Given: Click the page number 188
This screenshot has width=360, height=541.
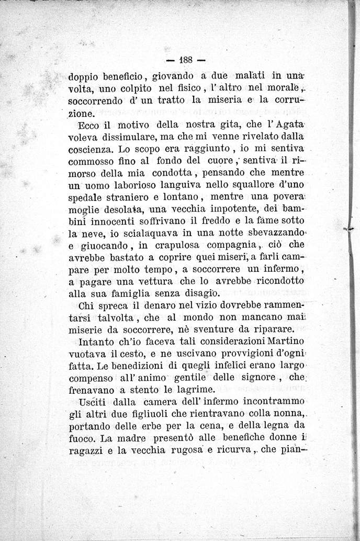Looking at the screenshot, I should (x=187, y=58).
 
